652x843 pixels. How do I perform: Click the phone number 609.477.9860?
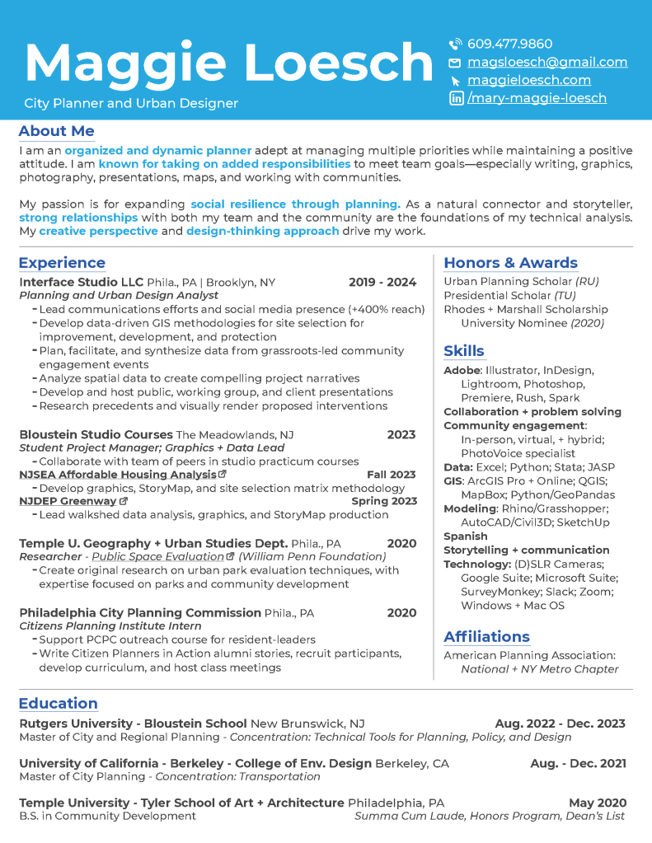(x=509, y=44)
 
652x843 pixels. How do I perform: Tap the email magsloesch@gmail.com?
(x=547, y=62)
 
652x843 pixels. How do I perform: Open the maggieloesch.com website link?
(x=528, y=80)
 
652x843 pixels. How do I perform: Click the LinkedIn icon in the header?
(x=456, y=98)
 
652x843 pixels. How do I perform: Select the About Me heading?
(x=56, y=131)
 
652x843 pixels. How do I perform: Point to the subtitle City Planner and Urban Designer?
(x=131, y=103)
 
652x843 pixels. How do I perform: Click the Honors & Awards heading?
(x=510, y=263)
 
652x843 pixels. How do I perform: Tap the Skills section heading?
(x=464, y=350)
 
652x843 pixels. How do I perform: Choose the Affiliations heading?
(x=486, y=636)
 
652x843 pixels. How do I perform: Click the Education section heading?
(x=58, y=703)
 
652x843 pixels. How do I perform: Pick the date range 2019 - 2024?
(x=382, y=282)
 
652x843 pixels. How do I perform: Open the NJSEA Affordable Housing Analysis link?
(x=118, y=475)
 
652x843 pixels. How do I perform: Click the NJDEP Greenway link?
(x=68, y=501)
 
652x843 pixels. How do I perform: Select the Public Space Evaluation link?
(x=158, y=556)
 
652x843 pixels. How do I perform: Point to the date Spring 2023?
(x=383, y=501)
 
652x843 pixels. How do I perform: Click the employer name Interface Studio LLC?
(x=81, y=282)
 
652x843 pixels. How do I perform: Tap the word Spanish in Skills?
(x=466, y=536)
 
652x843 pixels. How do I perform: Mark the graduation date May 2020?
(x=597, y=803)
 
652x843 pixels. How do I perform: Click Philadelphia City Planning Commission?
(x=139, y=612)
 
